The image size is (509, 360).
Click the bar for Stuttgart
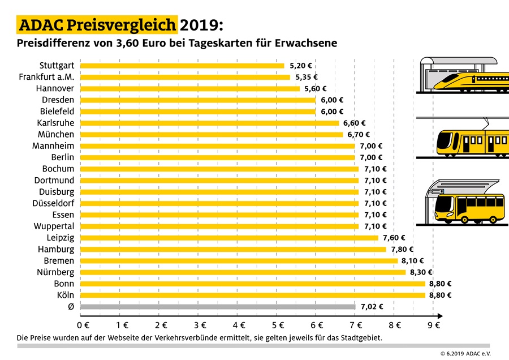point(182,66)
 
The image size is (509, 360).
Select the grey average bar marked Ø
point(218,307)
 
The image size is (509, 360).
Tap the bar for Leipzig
point(229,238)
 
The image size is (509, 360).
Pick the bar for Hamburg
point(233,249)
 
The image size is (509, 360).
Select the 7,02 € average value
point(372,307)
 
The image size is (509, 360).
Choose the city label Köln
point(64,295)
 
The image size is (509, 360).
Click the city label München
point(56,135)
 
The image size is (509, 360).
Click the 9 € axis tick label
point(434,325)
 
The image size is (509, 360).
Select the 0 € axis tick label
point(83,325)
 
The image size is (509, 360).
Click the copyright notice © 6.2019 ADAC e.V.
point(465,353)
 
